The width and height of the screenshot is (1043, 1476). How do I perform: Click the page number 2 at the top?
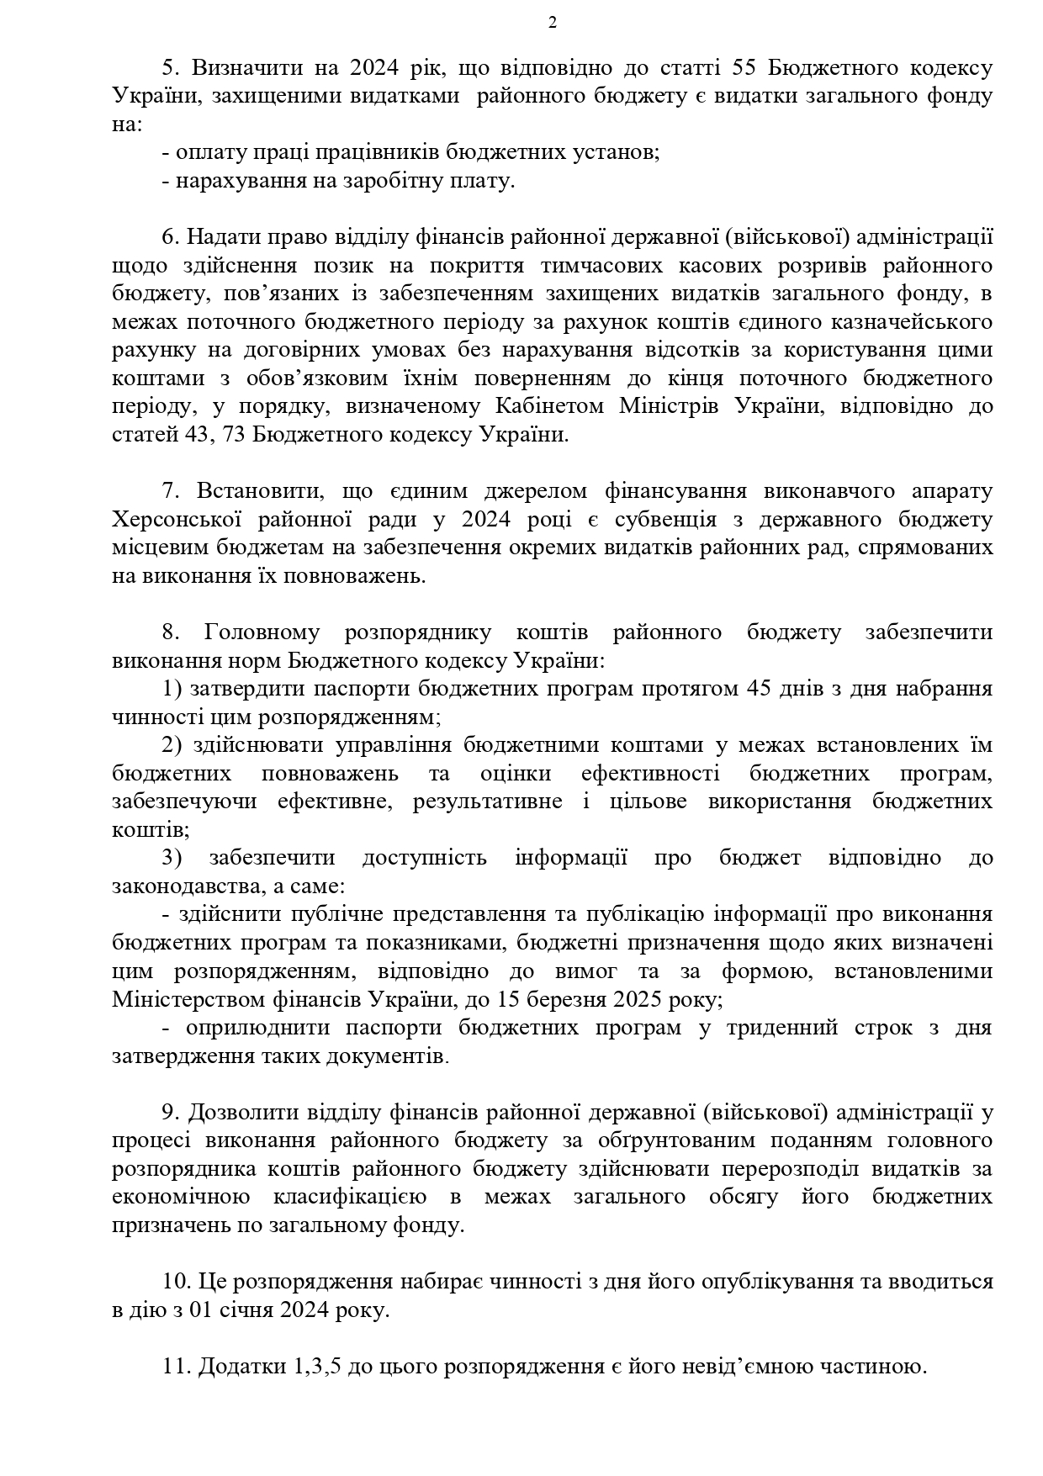coord(553,23)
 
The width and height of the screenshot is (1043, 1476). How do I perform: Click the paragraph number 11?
coord(177,1367)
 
